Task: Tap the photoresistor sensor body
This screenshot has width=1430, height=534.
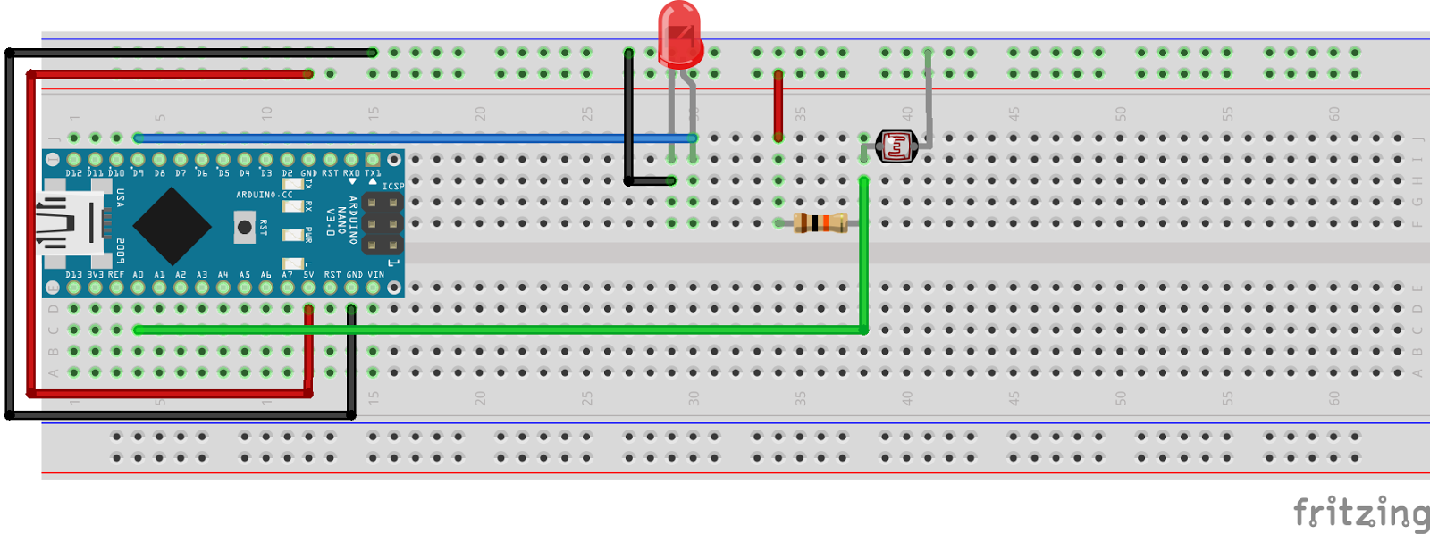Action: point(896,146)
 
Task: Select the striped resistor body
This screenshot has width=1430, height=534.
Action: point(820,223)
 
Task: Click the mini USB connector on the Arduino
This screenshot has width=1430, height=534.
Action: point(67,223)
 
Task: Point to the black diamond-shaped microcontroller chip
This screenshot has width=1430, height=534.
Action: point(172,225)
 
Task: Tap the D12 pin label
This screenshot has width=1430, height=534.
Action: point(73,173)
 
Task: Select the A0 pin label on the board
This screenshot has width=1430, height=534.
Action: point(138,275)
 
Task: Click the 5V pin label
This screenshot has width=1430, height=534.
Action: point(308,275)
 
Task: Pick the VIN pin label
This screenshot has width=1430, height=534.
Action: point(375,275)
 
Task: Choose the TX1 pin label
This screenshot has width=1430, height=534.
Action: point(373,173)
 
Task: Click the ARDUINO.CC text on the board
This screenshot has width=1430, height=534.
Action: point(264,195)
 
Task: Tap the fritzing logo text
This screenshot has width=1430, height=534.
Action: point(1360,513)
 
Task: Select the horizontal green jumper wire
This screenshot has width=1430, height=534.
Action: point(500,330)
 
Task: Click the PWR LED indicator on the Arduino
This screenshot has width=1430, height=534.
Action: point(292,235)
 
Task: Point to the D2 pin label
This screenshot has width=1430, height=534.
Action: point(287,173)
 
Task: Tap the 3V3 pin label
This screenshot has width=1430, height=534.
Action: point(95,275)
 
